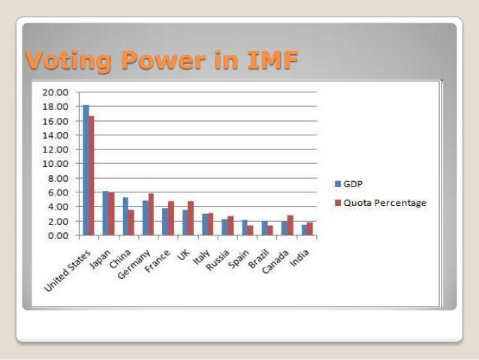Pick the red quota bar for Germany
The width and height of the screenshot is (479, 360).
point(151,214)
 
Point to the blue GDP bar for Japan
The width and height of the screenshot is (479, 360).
point(106,213)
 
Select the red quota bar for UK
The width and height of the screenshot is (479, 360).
point(191,218)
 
